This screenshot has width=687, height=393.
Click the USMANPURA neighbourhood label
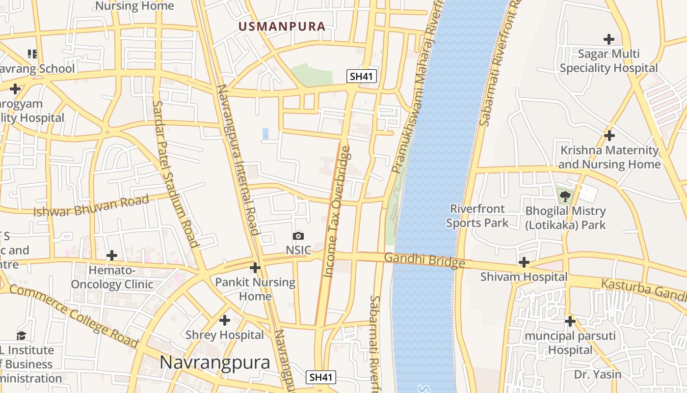coord(282,27)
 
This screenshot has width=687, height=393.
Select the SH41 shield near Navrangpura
coord(321,377)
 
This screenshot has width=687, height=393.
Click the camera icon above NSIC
coord(298,236)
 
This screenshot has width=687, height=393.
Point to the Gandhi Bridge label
coord(424,260)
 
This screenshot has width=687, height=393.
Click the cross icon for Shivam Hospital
coord(524,262)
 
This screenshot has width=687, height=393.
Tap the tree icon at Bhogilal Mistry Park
coord(565,197)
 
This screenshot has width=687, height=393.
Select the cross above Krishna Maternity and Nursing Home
coord(609,136)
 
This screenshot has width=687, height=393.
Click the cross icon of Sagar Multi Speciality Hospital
coord(609,39)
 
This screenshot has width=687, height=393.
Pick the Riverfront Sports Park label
coord(477,216)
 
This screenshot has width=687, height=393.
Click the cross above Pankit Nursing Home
coord(255,268)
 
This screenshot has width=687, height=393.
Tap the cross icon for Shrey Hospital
coord(225,321)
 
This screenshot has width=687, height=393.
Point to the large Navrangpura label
coord(215,363)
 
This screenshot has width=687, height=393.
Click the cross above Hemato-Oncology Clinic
coord(112,255)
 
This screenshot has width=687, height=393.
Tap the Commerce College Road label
coord(74,316)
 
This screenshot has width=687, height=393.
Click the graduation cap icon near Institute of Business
coord(21,336)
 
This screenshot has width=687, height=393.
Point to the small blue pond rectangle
coord(265,134)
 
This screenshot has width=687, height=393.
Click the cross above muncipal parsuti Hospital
coord(570,322)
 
